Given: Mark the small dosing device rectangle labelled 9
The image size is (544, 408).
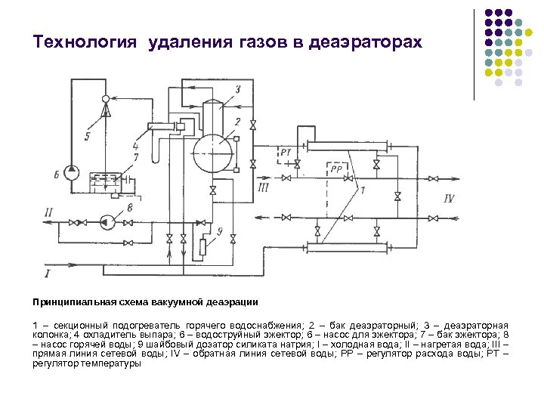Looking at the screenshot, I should [202, 246].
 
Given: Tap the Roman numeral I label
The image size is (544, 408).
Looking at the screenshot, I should [48, 272].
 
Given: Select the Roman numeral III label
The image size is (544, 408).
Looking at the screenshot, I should [263, 186].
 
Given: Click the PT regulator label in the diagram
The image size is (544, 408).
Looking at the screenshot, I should [286, 153].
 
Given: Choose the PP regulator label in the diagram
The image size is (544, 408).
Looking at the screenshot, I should [335, 169].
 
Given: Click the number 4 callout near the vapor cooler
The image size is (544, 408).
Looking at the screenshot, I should [134, 145].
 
